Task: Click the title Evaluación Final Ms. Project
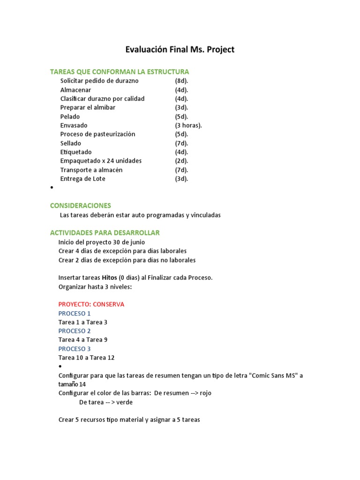click(180, 49)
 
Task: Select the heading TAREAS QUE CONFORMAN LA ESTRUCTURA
click(120, 72)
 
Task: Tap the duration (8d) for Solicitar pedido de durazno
click(181, 81)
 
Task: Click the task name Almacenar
click(75, 90)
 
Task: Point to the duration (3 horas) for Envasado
click(188, 125)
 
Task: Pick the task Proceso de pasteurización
click(97, 134)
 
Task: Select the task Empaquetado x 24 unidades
click(101, 161)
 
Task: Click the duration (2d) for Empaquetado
click(181, 161)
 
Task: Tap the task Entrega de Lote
click(82, 179)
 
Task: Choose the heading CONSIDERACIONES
click(80, 205)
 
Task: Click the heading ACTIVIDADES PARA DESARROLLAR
click(105, 232)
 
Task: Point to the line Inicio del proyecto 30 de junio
click(102, 242)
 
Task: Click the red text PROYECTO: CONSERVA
click(91, 304)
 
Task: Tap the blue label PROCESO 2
click(75, 331)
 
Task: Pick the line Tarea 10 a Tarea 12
click(86, 358)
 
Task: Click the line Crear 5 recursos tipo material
click(129, 420)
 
